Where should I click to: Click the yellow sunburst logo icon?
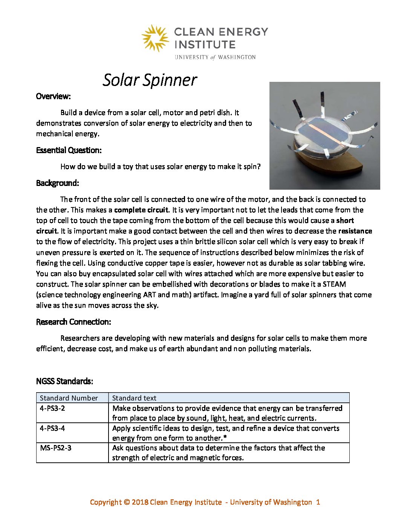click(x=155, y=38)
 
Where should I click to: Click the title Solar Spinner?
click(x=150, y=80)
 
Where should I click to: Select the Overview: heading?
click(x=53, y=96)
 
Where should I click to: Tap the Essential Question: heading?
click(x=69, y=150)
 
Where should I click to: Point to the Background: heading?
click(x=57, y=183)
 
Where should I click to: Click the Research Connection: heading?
click(x=73, y=322)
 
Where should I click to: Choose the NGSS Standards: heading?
click(x=64, y=381)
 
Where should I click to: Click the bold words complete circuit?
click(x=141, y=210)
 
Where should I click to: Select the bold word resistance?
click(x=355, y=231)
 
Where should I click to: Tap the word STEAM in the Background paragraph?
click(x=334, y=284)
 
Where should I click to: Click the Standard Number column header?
click(x=69, y=398)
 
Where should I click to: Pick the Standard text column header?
click(x=134, y=398)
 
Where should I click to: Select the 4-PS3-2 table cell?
click(x=52, y=408)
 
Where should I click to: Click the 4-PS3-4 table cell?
click(x=52, y=428)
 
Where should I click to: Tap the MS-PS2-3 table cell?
click(x=56, y=448)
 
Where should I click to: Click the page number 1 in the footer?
click(x=318, y=502)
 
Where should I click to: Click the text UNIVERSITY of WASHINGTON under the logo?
click(x=215, y=57)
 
